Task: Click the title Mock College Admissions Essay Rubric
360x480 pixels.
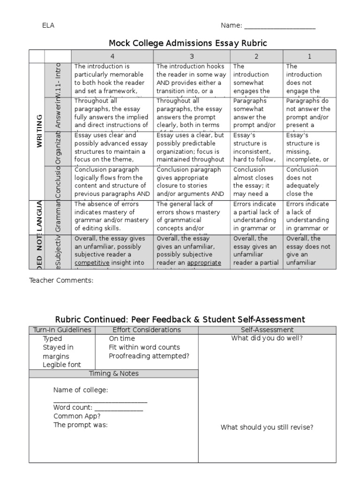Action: click(x=187, y=43)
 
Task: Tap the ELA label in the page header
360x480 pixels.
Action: click(x=48, y=25)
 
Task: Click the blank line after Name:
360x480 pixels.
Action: click(x=279, y=27)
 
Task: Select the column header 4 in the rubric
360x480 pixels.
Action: click(x=112, y=56)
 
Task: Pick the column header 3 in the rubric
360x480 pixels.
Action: click(x=192, y=56)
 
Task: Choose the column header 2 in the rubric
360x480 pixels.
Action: click(x=256, y=56)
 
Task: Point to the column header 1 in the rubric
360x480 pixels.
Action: click(x=309, y=56)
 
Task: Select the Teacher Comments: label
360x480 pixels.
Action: click(x=61, y=280)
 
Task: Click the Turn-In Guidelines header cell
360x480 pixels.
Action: click(x=62, y=330)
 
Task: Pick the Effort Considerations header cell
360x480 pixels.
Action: click(x=147, y=330)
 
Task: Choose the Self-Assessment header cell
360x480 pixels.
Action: click(x=267, y=330)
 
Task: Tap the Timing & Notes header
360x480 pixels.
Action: click(x=114, y=374)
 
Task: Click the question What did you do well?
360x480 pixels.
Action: click(x=267, y=338)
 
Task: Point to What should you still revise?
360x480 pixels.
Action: click(x=267, y=427)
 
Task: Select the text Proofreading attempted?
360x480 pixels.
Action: click(x=149, y=356)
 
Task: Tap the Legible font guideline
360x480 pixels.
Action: click(x=62, y=365)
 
